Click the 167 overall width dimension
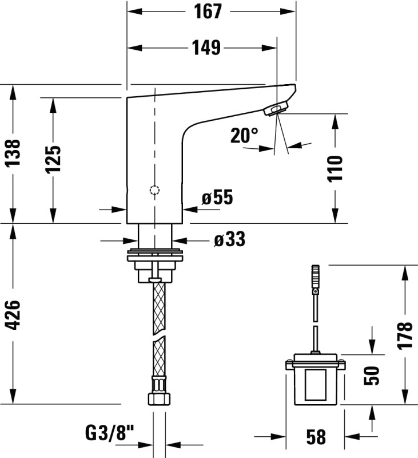[208, 11]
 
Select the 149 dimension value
[206, 48]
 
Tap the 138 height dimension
[13, 152]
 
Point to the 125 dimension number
[53, 159]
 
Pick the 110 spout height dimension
[335, 169]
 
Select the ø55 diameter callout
[217, 197]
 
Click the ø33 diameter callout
[229, 239]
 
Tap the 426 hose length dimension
[13, 315]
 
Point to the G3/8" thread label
[110, 433]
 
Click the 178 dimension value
[405, 335]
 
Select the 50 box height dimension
[372, 376]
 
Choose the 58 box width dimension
[316, 437]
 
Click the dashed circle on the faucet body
[154, 191]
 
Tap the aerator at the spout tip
[276, 108]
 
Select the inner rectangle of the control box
[316, 385]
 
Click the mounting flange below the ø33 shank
[155, 255]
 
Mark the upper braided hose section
[159, 308]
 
